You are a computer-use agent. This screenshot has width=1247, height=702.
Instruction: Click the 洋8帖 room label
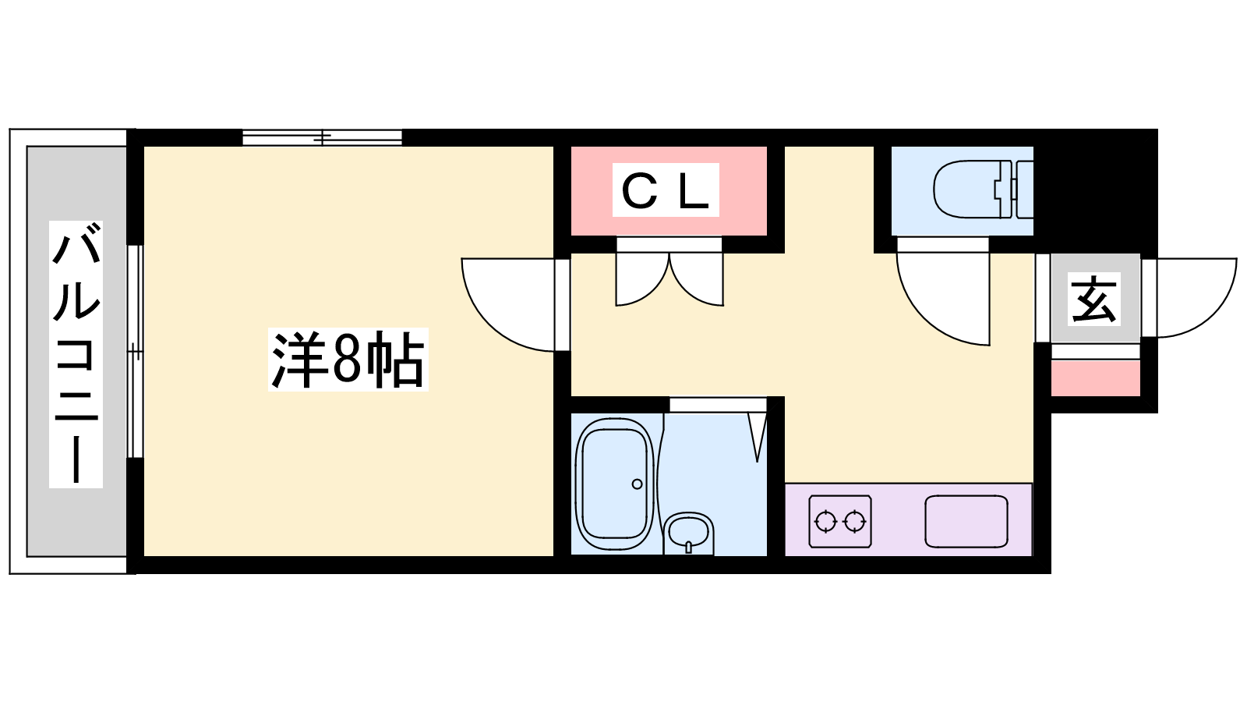348,360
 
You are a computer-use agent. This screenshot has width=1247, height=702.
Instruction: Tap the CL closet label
666,190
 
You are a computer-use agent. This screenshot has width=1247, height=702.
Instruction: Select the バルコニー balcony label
76,355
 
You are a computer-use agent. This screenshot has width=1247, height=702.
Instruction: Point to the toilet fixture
982,190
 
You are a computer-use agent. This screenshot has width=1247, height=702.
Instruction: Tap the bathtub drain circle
637,484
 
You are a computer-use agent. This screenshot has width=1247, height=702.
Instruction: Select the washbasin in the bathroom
688,532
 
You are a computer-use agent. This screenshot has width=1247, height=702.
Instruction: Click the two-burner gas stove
839,520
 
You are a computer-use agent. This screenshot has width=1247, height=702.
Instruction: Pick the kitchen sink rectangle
966,521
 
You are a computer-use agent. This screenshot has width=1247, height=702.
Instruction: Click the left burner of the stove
825,520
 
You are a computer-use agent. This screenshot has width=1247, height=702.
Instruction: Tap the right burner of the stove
855,520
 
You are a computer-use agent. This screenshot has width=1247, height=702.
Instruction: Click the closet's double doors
669,277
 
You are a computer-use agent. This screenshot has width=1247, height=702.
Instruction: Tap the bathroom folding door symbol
757,433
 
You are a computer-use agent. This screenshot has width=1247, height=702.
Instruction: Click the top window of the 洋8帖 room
322,138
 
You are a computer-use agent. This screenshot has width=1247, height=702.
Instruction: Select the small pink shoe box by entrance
1095,378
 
